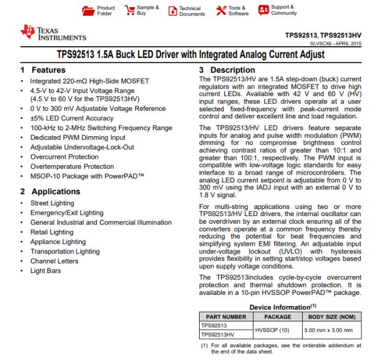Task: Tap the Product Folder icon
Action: [88, 11]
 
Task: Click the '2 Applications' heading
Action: [47, 191]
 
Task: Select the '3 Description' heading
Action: [228, 70]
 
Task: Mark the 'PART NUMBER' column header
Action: [223, 317]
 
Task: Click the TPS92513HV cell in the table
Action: [219, 334]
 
